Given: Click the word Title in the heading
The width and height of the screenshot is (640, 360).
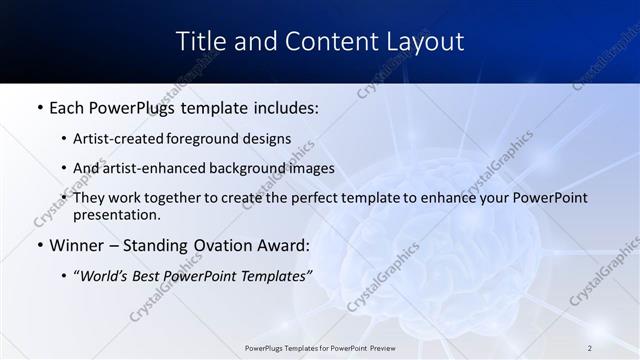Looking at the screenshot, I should (200, 42).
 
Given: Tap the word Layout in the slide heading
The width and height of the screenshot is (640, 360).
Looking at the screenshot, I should (426, 42).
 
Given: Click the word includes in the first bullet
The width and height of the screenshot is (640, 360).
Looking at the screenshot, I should (282, 106).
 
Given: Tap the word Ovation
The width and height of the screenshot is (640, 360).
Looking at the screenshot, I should (217, 245).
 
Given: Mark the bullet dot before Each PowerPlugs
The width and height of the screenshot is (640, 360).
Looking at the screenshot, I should (39, 106).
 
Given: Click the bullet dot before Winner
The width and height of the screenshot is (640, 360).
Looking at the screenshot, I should (39, 245).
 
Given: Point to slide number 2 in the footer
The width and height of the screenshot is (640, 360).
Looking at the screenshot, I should (590, 348).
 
